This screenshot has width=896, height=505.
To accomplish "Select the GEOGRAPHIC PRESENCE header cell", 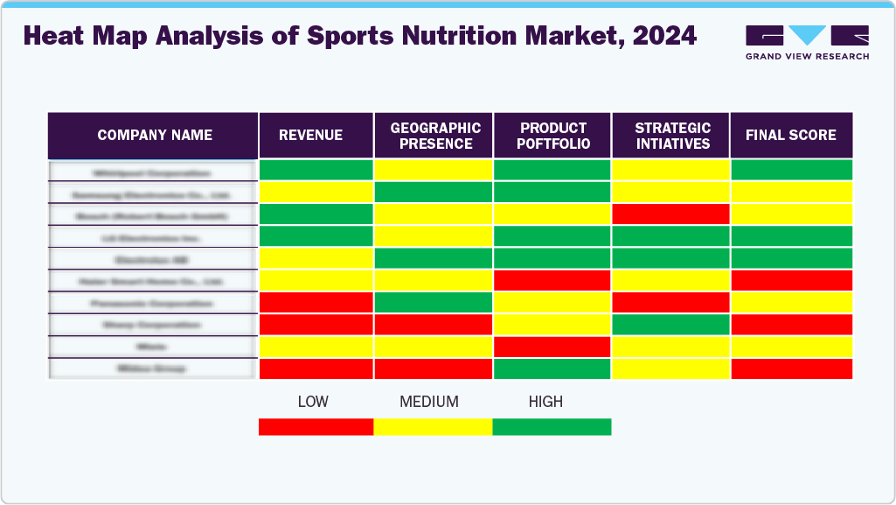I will [434, 136].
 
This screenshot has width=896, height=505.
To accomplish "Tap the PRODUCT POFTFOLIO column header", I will [552, 136].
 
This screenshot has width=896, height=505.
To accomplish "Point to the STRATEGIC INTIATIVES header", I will [671, 136].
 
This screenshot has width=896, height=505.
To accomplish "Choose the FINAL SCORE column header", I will [790, 135].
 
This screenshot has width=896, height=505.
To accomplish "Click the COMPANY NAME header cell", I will [154, 135].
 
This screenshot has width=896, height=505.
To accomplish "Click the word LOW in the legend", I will [313, 402].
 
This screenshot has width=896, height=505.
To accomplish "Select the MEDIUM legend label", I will [428, 402].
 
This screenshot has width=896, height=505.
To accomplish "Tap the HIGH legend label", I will [545, 402].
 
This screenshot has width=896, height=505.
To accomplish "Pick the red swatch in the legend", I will [316, 427].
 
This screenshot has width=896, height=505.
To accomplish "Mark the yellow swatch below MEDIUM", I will [433, 427].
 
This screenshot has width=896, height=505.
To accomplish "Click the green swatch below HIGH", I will [552, 427].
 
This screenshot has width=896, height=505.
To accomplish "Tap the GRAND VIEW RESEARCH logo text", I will [807, 56].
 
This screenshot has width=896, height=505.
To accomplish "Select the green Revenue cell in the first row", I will [316, 170].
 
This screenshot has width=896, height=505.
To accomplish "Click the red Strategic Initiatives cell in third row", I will [671, 214].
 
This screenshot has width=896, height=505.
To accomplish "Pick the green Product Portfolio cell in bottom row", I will [552, 368].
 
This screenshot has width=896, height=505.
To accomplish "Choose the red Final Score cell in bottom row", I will [791, 368].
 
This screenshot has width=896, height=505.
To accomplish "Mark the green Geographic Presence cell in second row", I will [434, 192].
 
